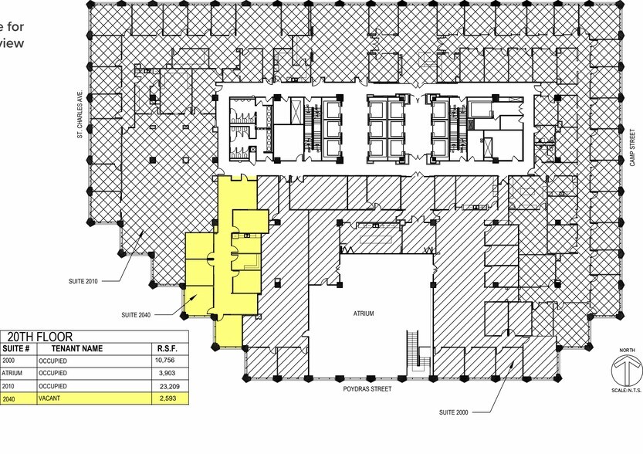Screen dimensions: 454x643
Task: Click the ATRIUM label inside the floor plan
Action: (363, 314)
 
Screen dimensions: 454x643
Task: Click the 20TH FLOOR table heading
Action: (40, 337)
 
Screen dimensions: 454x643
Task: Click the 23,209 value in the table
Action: (168, 385)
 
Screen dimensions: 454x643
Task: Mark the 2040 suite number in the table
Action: (8, 398)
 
